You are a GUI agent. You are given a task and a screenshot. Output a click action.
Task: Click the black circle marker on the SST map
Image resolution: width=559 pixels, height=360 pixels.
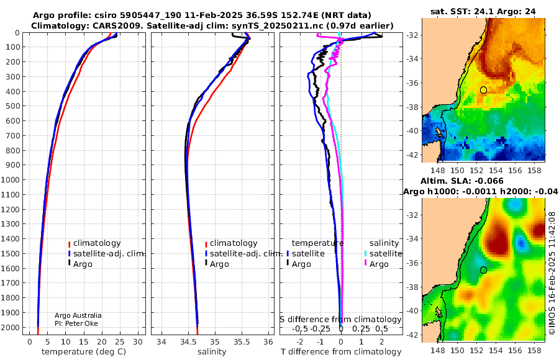[x=483, y=90]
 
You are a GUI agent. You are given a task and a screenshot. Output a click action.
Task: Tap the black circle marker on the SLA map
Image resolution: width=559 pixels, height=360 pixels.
[x=483, y=270]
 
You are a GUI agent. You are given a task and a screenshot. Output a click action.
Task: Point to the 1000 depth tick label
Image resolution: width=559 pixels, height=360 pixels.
[x=10, y=179]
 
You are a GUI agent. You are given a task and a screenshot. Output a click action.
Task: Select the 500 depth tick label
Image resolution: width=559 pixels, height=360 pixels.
[x=12, y=106]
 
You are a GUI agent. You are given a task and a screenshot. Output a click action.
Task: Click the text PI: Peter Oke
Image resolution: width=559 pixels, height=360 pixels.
[x=76, y=323]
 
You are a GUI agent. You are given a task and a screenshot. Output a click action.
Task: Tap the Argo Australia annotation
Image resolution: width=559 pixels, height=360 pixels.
[x=78, y=315]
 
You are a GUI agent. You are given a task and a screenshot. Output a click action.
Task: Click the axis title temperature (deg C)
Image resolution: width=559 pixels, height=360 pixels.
[x=84, y=352]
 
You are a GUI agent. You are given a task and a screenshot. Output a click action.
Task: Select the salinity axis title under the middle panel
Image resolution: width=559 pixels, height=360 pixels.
[x=212, y=352]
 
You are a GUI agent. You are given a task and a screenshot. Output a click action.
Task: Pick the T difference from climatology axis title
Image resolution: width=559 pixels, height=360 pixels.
[x=341, y=352]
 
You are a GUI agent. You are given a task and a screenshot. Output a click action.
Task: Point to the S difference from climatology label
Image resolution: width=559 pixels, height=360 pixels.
[x=340, y=319]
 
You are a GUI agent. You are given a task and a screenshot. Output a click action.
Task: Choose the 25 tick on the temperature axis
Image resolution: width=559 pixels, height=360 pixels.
[x=120, y=341]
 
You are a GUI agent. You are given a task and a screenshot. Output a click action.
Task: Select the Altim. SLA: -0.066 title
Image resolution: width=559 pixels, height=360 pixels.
[x=462, y=181]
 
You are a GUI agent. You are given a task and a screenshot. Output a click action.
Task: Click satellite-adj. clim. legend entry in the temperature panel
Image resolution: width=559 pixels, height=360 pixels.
[x=107, y=253]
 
